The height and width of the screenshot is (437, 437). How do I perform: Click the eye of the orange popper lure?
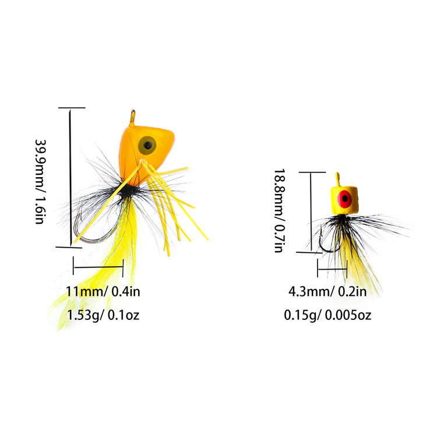click(x=147, y=145)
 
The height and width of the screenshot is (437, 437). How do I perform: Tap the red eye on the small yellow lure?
click(x=345, y=199)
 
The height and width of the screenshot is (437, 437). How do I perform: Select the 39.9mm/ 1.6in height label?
click(x=40, y=181)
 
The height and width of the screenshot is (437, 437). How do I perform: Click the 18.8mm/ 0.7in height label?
click(x=279, y=210)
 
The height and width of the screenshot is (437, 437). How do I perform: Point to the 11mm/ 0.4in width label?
click(x=103, y=291)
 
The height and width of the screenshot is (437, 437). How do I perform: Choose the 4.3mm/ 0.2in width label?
click(x=327, y=291)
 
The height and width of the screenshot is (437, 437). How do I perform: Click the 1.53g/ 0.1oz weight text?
click(x=103, y=315)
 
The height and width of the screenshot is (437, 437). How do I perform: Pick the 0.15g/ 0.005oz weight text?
click(x=327, y=315)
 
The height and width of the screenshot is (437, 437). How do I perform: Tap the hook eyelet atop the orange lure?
click(x=133, y=118)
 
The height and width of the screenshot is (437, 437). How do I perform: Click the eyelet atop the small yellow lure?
click(x=338, y=179)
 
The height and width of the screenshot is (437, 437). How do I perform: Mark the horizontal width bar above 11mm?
click(x=98, y=267)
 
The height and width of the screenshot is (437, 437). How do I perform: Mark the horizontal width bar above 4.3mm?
click(x=332, y=269)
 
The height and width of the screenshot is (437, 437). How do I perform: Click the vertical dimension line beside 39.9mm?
click(x=71, y=177)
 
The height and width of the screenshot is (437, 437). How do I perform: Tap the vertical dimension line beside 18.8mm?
click(x=311, y=212)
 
